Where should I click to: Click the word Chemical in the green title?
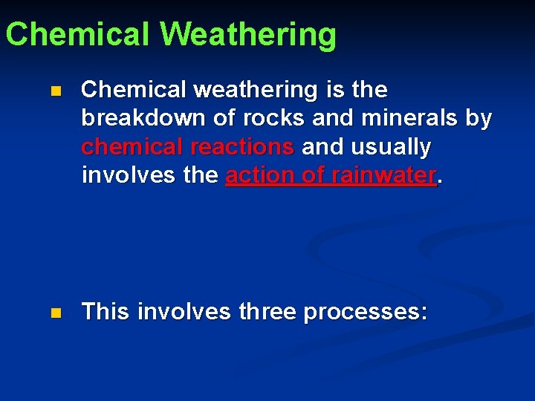pyautogui.click(x=77, y=34)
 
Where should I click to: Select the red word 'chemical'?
pyautogui.click(x=127, y=147)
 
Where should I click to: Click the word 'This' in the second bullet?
pyautogui.click(x=105, y=312)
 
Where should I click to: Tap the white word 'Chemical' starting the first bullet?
pyautogui.click(x=134, y=90)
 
